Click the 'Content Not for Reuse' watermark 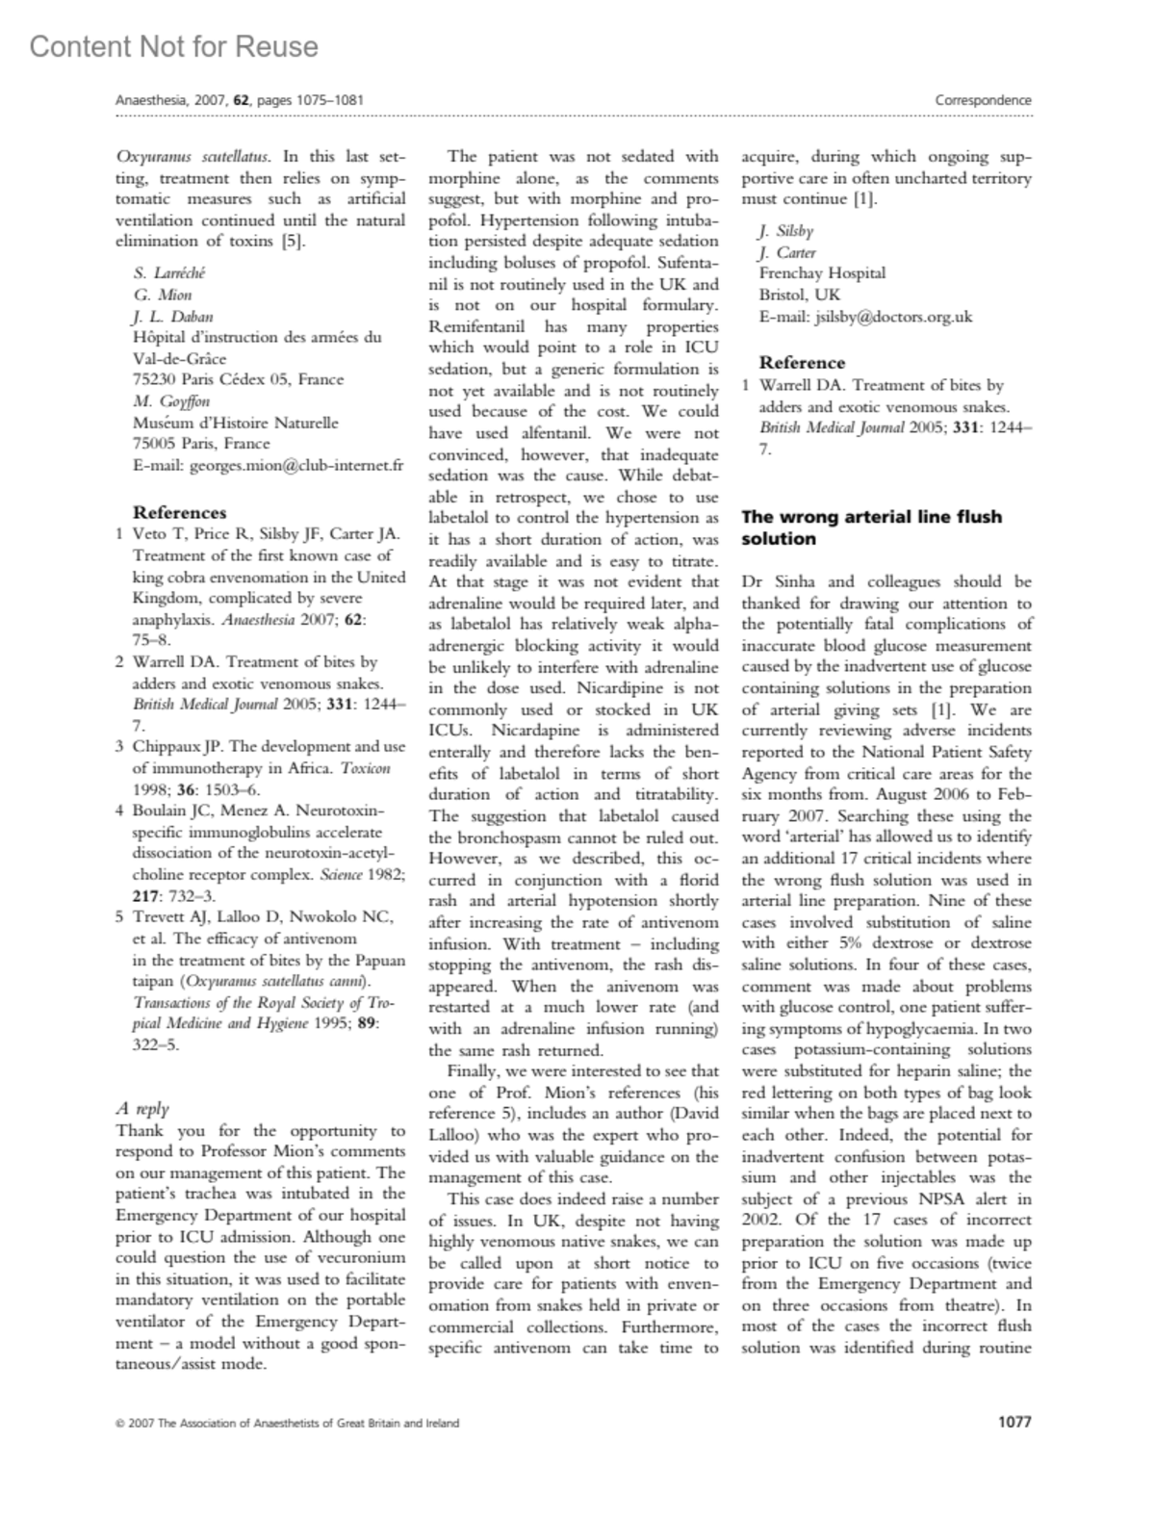173,46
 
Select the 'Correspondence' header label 983,100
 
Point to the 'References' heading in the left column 179,512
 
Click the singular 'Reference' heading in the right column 802,363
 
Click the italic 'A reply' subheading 141,1108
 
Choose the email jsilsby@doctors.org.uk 865,316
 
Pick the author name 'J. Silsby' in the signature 785,231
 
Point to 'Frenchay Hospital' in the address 822,273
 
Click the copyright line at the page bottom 287,1423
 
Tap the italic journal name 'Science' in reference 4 360,874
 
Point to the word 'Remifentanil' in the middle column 473,326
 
